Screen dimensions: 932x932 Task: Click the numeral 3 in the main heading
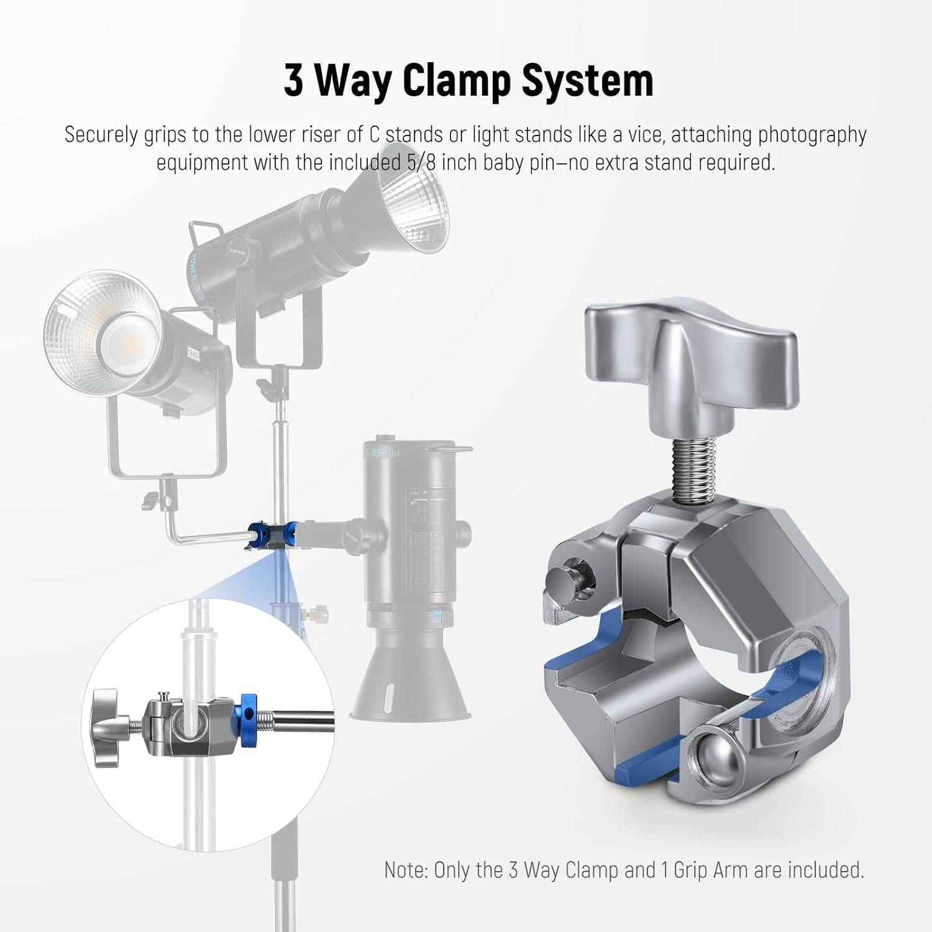coord(294,81)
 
